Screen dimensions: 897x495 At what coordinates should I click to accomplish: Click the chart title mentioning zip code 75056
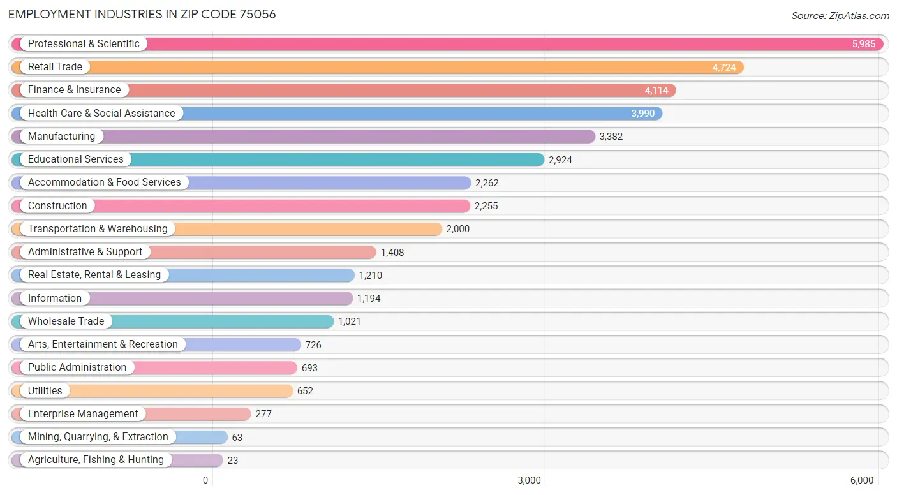142,15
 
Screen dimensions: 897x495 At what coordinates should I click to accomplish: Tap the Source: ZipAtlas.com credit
840,15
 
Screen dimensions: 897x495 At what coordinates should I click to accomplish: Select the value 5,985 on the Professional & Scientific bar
864,44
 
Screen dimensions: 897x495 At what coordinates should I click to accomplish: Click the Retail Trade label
55,66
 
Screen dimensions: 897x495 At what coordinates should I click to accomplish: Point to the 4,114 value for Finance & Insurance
656,91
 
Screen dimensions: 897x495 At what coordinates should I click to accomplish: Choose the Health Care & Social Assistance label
101,114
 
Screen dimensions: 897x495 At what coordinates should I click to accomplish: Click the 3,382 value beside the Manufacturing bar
611,137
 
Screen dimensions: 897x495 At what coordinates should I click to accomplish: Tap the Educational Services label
76,159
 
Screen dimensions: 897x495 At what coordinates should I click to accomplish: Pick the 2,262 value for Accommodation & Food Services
487,183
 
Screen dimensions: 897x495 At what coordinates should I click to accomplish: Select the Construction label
57,205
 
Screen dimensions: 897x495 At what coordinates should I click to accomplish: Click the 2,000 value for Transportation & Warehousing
457,229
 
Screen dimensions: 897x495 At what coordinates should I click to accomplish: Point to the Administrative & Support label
85,251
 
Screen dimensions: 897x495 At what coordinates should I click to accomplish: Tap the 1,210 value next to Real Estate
371,276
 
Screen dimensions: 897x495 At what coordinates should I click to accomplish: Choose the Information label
54,298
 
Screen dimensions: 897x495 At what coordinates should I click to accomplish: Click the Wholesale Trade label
66,321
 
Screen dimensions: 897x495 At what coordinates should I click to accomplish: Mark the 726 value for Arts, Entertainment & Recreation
313,345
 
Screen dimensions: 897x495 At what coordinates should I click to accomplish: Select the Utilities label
45,390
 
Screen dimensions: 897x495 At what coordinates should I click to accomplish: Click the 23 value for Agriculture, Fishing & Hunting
233,461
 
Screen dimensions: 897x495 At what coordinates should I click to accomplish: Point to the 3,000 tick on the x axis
529,480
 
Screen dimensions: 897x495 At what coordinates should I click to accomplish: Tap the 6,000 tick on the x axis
862,480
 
